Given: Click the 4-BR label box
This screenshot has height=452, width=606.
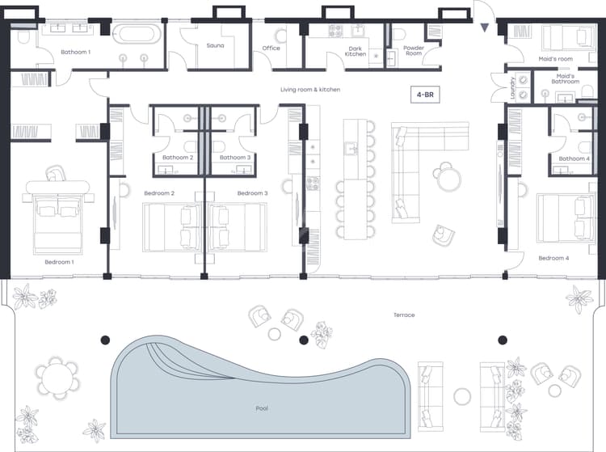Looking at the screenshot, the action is click(x=425, y=95).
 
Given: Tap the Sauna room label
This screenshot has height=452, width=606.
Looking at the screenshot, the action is click(x=215, y=45).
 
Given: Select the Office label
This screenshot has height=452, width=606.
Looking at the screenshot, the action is click(x=271, y=48).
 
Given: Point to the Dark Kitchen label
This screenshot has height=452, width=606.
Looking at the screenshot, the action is click(x=356, y=52).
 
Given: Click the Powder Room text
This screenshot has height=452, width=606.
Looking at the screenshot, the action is click(x=414, y=51).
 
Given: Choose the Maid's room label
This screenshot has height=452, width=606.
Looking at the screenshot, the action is click(x=555, y=59).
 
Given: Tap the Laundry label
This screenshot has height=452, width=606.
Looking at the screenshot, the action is click(x=513, y=88).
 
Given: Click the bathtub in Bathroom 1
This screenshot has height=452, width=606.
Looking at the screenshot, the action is click(x=137, y=34).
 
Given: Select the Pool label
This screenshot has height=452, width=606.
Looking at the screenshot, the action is click(x=262, y=408).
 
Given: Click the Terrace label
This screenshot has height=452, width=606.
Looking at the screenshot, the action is click(x=404, y=315).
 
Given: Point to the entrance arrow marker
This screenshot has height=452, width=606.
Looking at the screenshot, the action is click(x=484, y=27).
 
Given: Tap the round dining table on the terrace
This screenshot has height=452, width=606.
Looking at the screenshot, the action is click(x=57, y=379).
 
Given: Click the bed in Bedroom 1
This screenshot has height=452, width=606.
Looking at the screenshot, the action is click(x=58, y=218).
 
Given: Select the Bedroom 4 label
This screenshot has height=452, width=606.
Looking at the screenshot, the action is click(x=553, y=258).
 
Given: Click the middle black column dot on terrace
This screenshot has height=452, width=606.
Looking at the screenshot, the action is click(x=304, y=340).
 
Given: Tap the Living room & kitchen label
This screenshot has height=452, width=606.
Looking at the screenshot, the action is click(x=310, y=89).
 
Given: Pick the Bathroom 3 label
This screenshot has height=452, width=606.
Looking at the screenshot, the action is click(x=235, y=158).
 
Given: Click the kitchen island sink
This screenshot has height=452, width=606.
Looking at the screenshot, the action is click(x=351, y=148).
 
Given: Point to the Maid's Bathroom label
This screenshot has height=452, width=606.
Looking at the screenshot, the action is click(x=565, y=79).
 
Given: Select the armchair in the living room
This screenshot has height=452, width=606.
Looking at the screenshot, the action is click(x=443, y=234).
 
